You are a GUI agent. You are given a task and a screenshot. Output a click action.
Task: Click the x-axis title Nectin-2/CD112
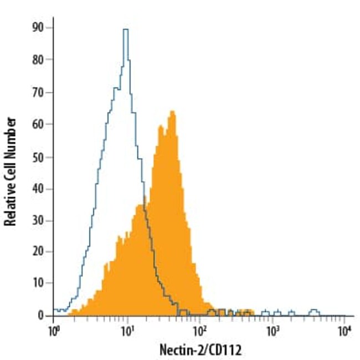[x=200, y=350]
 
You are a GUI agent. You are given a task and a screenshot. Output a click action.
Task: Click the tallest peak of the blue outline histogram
[x=125, y=30]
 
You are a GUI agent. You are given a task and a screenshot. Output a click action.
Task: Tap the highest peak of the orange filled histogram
[x=172, y=112]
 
